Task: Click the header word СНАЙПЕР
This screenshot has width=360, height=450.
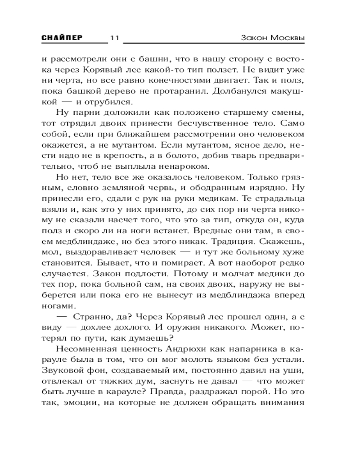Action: click(62, 37)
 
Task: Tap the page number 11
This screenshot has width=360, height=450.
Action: click(114, 38)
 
